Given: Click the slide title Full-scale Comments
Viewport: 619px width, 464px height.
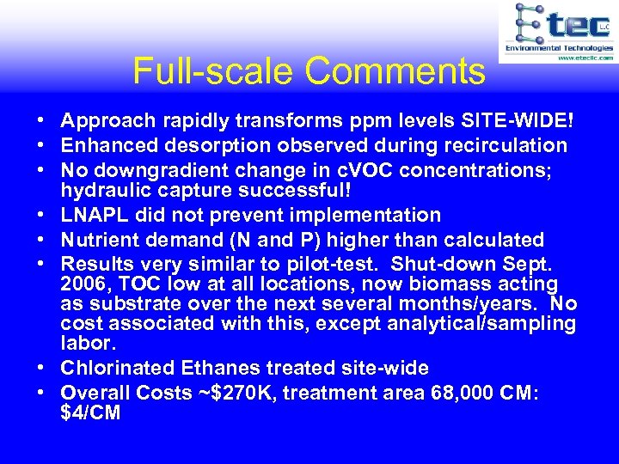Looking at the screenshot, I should tap(309, 71).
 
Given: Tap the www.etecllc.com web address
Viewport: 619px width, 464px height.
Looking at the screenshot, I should tap(585, 58).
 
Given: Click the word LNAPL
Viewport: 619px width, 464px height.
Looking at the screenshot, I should tap(96, 215).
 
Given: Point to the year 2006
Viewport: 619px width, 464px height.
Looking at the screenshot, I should tap(86, 284).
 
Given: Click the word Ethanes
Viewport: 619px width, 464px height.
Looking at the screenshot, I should tap(224, 368).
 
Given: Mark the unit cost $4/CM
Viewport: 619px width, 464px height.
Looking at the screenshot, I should tap(90, 412).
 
